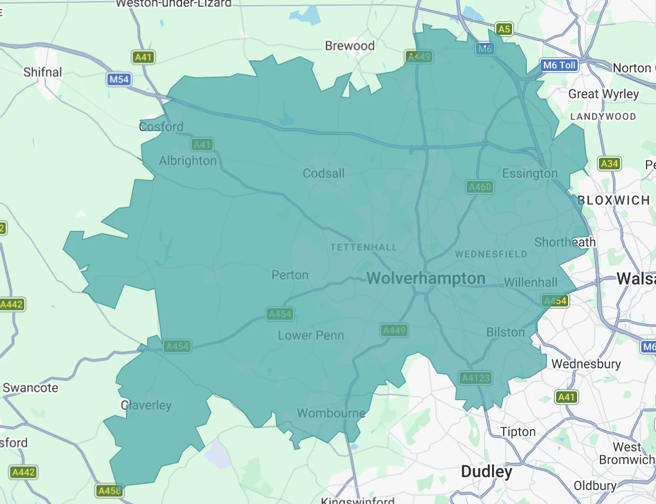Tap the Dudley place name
(x=486, y=472)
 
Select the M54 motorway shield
(x=119, y=80)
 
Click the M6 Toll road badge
(x=559, y=66)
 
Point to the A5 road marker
(x=504, y=29)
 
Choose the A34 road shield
(x=609, y=164)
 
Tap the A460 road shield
(x=480, y=187)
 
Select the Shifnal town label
(x=43, y=72)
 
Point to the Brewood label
(x=350, y=46)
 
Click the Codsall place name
(x=323, y=173)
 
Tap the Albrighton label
(x=188, y=160)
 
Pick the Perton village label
(x=289, y=275)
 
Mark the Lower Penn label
(x=311, y=335)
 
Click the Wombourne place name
(x=331, y=413)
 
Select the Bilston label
(x=505, y=332)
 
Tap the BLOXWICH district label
(x=614, y=200)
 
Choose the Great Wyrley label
(x=603, y=94)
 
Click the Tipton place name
(x=518, y=431)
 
